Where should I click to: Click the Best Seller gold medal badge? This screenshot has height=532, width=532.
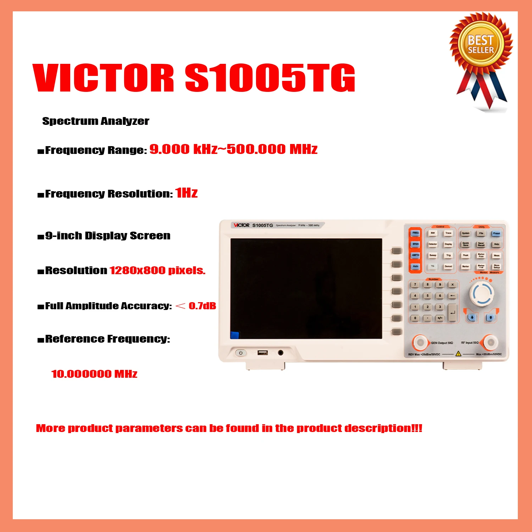pos(481,45)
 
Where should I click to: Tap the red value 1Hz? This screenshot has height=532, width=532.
pos(187,193)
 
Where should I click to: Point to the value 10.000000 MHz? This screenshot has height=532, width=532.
pos(94,374)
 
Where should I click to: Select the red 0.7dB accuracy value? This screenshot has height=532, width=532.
pos(202,306)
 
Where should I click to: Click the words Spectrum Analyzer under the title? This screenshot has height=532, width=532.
pos(96,121)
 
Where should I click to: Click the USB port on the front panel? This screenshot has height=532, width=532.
pos(262,353)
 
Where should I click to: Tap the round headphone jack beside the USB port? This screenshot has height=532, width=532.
pos(281,353)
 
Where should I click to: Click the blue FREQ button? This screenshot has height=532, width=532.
pos(415,233)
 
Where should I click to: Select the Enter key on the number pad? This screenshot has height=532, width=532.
pos(452,312)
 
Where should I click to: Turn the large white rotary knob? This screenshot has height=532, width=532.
pos(482,294)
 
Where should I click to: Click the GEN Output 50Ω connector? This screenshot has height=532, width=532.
pos(420,342)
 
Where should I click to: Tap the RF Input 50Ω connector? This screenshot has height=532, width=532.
pos(491,342)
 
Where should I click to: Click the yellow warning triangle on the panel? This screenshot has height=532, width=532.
pos(458,354)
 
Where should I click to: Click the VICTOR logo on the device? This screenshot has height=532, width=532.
pos(242,225)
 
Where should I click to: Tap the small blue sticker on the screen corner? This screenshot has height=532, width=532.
pos(235,335)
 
